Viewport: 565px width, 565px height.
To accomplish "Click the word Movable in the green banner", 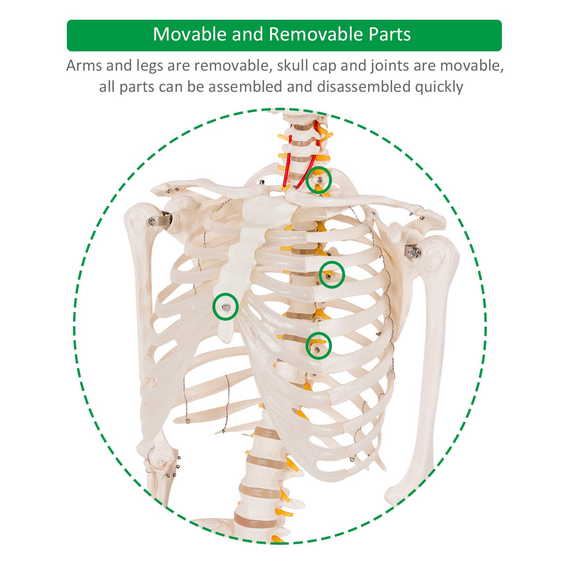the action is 190,34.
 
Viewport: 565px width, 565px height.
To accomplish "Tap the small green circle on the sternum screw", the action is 225,307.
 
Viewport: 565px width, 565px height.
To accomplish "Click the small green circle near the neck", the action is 319,180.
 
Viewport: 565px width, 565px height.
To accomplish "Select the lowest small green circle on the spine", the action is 319,346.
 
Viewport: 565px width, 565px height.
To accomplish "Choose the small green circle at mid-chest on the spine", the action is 331,274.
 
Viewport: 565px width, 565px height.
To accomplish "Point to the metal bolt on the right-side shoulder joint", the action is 414,251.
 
